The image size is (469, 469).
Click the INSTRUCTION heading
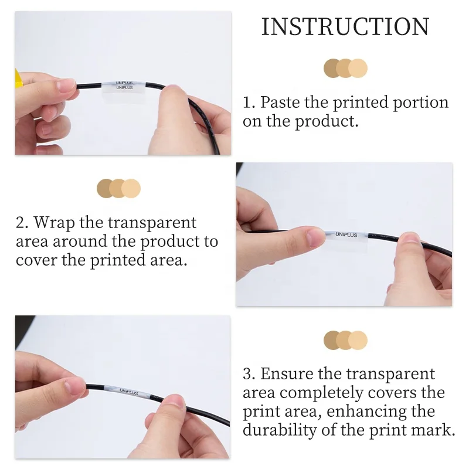(x=345, y=27)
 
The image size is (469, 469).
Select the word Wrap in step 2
(x=54, y=223)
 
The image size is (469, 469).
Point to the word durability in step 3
(x=280, y=430)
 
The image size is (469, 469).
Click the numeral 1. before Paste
(x=249, y=103)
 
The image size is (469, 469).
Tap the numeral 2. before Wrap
(x=22, y=223)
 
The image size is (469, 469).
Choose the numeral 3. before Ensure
(x=249, y=374)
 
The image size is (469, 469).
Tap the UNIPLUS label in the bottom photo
(x=129, y=391)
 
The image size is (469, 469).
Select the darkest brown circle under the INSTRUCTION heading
(x=332, y=68)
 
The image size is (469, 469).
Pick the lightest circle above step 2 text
(x=131, y=188)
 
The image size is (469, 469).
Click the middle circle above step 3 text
(x=345, y=341)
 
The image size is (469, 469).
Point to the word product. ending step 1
(x=327, y=122)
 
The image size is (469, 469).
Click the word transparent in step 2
(x=152, y=223)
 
